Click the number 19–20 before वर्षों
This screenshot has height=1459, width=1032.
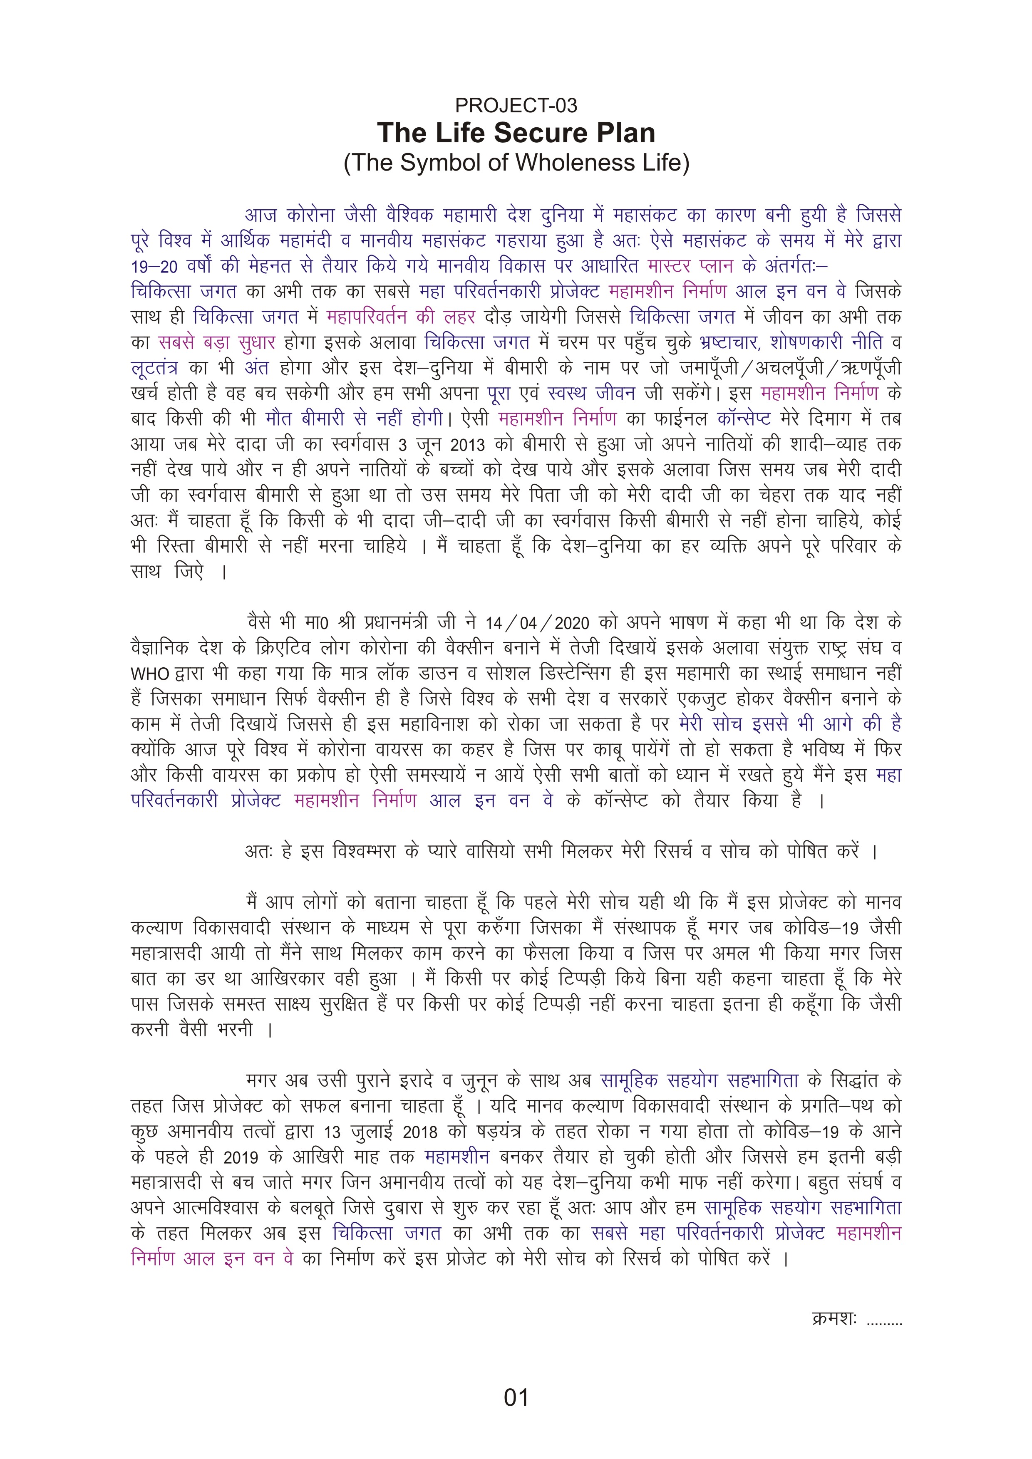click(154, 267)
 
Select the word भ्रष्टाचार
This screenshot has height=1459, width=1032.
click(728, 343)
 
